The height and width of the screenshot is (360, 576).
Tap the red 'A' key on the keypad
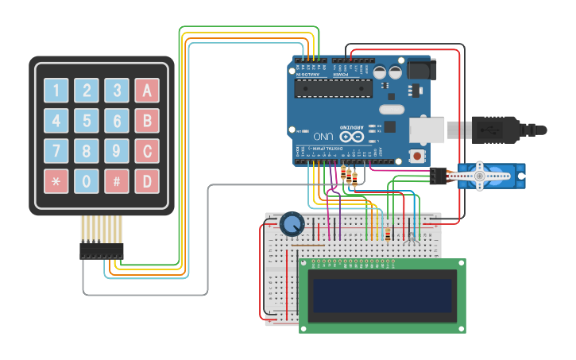pos(147,90)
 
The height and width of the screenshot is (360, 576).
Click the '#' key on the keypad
pos(117,181)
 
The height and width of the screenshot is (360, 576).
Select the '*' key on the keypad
pos(56,181)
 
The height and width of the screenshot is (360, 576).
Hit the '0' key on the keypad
pos(87,181)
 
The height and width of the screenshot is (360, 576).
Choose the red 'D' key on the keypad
pos(147,181)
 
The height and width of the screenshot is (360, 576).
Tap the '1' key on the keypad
pos(56,90)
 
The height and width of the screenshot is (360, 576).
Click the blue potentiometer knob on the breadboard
pos(292,224)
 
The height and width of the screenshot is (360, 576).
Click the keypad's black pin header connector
pos(101,251)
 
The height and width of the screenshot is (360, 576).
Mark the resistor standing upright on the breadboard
pos(387,234)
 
